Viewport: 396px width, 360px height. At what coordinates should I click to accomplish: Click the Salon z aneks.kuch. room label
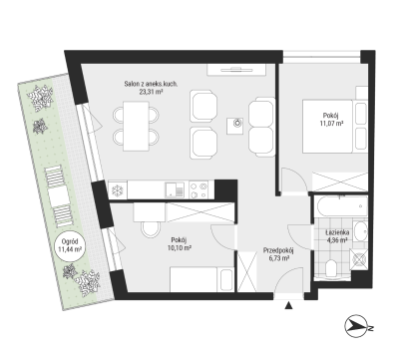(151, 84)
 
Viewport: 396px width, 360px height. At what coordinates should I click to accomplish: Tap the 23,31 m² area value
(151, 92)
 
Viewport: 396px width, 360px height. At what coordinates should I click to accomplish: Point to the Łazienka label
(337, 232)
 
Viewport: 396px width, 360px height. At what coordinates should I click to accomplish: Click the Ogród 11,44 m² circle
(70, 245)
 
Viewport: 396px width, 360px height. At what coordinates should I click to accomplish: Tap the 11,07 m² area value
(331, 124)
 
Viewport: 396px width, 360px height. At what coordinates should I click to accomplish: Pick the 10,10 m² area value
(179, 247)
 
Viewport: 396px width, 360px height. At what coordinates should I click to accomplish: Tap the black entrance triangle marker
(288, 306)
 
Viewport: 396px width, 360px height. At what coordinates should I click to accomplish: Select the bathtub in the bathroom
(342, 206)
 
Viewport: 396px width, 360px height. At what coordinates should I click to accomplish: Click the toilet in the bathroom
(331, 268)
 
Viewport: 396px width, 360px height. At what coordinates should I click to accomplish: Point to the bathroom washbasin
(360, 231)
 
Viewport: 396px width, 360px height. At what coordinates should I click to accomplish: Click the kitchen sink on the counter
(175, 190)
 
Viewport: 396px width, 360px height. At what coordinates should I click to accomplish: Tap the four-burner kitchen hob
(198, 190)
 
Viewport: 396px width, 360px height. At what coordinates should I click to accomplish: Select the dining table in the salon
(136, 127)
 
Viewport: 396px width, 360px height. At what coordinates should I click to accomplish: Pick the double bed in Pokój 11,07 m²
(327, 127)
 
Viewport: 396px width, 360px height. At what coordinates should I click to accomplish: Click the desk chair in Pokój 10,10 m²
(151, 229)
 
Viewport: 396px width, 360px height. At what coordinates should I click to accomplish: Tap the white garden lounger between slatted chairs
(59, 197)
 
